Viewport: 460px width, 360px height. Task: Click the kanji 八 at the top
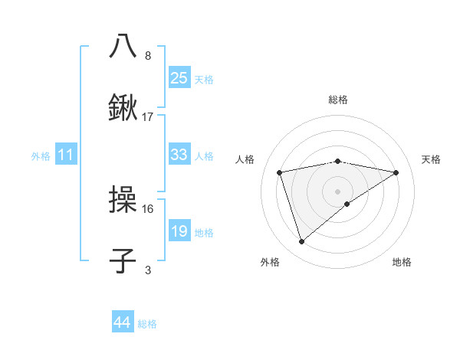tap(123, 45)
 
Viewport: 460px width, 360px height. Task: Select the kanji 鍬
tap(123, 108)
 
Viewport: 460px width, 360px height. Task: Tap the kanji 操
tap(123, 200)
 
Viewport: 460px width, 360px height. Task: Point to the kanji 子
tap(123, 261)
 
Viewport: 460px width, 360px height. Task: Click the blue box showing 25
tap(179, 78)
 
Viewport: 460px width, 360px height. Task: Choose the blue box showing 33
tap(179, 155)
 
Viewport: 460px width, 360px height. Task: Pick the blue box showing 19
tap(179, 231)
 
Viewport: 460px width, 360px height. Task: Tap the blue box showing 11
tap(66, 155)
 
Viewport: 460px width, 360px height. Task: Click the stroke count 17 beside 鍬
tap(148, 117)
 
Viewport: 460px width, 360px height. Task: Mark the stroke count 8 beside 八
tap(148, 55)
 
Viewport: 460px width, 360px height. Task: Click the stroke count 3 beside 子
tap(148, 270)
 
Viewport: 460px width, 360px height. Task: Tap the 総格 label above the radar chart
tap(338, 100)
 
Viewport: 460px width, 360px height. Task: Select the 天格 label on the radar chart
tap(431, 159)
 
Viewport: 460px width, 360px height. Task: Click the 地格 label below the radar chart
tap(402, 262)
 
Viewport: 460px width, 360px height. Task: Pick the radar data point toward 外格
tap(301, 242)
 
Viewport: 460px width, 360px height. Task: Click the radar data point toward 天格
tap(396, 172)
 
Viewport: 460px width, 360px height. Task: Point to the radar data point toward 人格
tap(279, 172)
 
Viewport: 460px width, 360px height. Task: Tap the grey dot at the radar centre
tap(338, 191)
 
